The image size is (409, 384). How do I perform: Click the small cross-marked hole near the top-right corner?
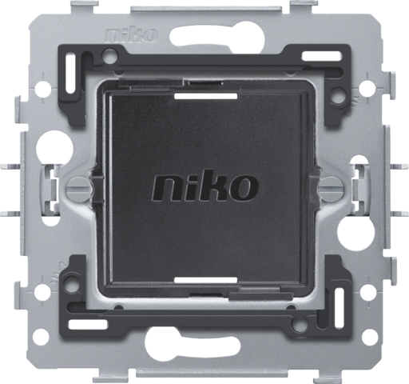366,81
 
